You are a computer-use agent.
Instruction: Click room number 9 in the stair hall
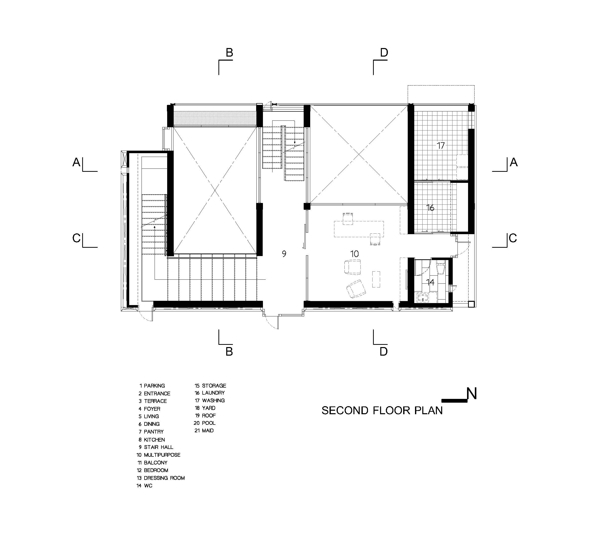tap(284, 254)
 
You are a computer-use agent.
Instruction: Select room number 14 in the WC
tap(430, 282)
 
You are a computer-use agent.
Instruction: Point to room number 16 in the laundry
tap(430, 208)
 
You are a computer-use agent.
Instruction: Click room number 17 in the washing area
tap(441, 146)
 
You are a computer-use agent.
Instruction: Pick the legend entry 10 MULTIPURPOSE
tap(158, 455)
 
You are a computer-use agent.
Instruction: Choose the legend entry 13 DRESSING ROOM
tap(161, 478)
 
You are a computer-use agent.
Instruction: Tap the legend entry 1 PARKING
tap(152, 386)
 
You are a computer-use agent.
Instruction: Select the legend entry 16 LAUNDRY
tap(210, 393)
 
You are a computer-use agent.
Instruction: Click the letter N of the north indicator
tap(472, 394)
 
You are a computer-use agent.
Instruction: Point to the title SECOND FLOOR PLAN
tap(382, 411)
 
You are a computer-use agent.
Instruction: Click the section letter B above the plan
tap(229, 53)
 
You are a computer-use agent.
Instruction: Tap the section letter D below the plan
tap(384, 351)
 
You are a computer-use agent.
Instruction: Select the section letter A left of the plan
tap(76, 162)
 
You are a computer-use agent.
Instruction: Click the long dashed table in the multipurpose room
tap(359, 229)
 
